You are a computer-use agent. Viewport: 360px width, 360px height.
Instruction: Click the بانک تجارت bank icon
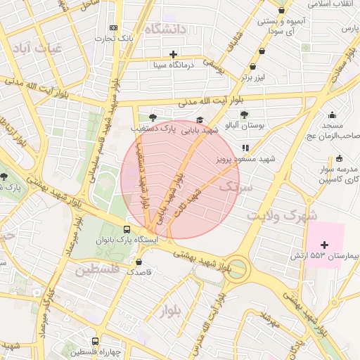click(114, 27)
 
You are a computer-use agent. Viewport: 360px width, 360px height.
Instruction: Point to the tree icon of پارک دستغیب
click(153, 117)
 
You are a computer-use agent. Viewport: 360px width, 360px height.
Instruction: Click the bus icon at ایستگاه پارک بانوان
click(127, 229)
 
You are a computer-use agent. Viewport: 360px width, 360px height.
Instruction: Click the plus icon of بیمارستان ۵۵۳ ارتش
click(324, 244)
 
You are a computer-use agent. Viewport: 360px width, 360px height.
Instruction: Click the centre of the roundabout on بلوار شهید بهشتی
click(236, 269)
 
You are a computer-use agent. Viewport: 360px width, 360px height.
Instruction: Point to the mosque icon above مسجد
click(333, 115)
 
